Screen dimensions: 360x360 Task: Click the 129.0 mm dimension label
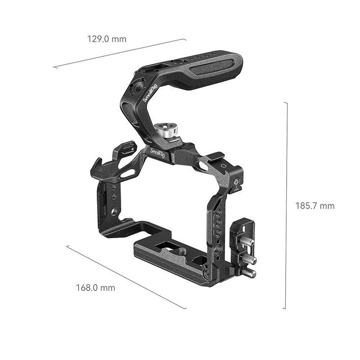pos(107,39)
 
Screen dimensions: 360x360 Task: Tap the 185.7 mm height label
pos(315,206)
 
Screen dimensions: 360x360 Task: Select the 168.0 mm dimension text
pos(95,287)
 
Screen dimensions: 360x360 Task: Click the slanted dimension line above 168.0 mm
pos(126,277)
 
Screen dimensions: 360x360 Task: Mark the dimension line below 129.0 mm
pos(120,53)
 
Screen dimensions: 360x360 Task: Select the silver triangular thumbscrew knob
pos(166,131)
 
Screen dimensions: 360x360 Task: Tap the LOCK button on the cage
pos(236,182)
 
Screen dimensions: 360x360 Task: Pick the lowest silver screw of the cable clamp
pos(251,273)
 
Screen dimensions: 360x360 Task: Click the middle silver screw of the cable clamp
pos(250,260)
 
